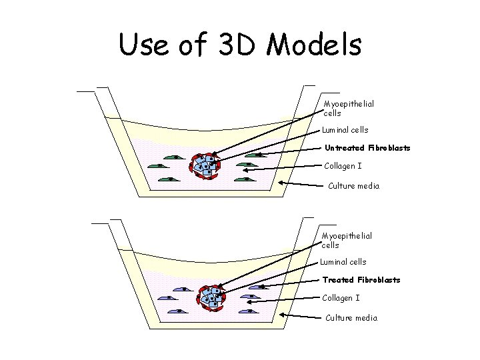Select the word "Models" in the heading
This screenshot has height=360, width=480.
click(x=313, y=45)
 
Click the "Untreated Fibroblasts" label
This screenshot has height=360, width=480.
click(x=367, y=148)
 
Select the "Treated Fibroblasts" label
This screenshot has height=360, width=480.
click(x=361, y=280)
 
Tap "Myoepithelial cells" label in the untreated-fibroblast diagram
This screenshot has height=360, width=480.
click(x=348, y=109)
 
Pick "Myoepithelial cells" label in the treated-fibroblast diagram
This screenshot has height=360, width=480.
click(x=347, y=241)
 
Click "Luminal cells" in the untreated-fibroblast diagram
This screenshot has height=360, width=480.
click(x=345, y=130)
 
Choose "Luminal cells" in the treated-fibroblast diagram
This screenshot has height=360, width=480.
click(x=343, y=262)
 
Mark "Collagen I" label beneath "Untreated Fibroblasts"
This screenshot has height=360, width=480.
click(x=343, y=166)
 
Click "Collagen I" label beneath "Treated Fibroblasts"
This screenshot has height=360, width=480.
click(x=341, y=298)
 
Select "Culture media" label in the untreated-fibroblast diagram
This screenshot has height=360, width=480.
click(x=353, y=186)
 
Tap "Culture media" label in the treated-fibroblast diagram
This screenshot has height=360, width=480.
click(x=351, y=318)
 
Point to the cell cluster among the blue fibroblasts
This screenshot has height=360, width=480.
click(x=213, y=298)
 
